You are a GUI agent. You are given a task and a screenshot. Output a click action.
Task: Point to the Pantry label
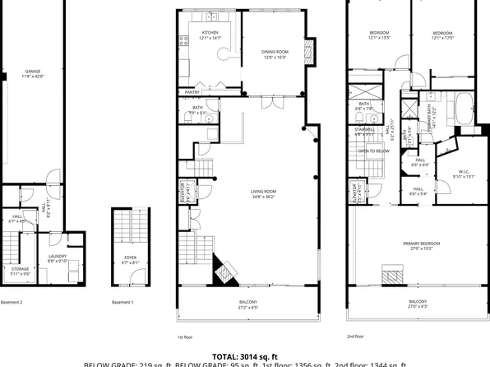point(192,92)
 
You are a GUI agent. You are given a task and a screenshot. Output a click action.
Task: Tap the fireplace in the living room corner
point(223,270)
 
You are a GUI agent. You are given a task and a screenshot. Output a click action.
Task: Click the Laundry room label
point(58,258)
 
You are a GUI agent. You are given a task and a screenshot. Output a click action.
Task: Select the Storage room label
point(19,271)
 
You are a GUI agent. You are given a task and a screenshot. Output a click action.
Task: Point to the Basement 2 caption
point(12,303)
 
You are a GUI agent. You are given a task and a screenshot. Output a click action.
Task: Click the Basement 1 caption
point(122,303)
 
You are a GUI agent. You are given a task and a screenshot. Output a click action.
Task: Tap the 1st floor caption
point(186,336)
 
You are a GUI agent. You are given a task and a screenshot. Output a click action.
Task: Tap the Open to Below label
point(374,151)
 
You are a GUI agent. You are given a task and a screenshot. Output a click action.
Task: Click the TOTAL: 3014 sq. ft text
point(244,356)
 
